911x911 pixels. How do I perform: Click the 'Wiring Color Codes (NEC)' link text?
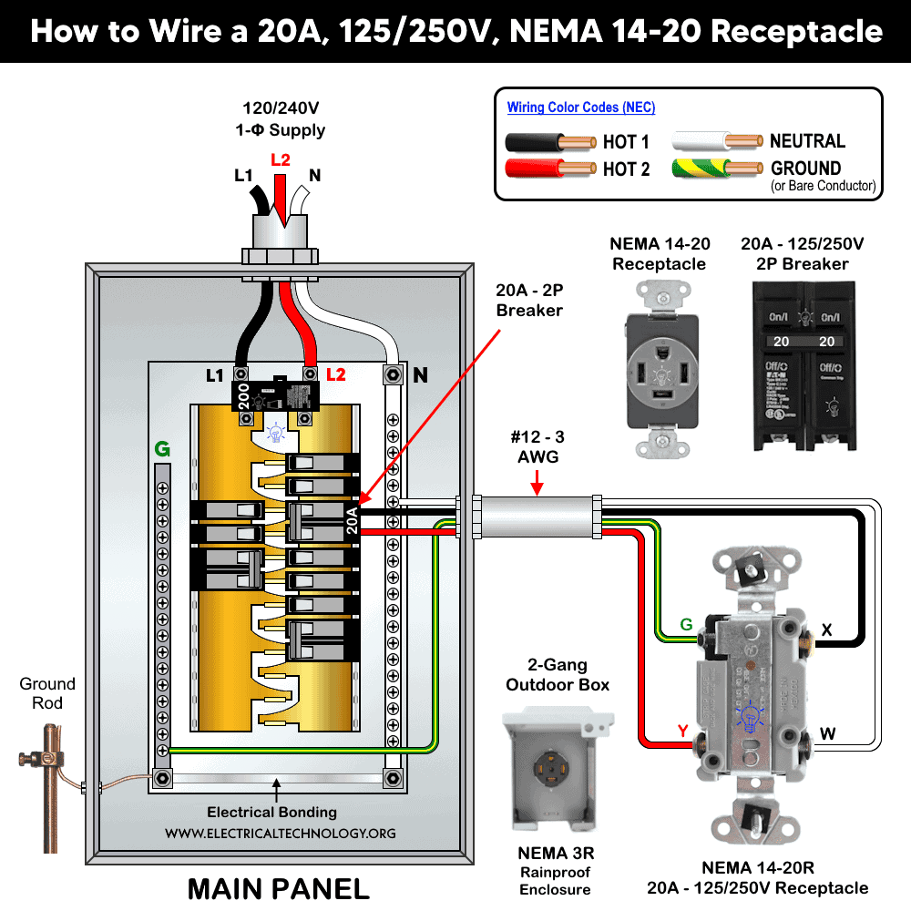click(580, 107)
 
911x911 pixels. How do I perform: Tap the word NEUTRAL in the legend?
click(807, 141)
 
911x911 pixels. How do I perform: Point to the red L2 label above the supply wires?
click(281, 160)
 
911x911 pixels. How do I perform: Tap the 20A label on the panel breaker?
click(353, 519)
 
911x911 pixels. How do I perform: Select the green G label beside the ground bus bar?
click(162, 449)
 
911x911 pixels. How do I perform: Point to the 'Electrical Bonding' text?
click(271, 812)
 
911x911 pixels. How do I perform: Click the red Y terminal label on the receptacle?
click(682, 731)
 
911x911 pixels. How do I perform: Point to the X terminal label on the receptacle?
click(826, 630)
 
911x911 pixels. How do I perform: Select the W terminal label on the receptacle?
click(827, 732)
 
